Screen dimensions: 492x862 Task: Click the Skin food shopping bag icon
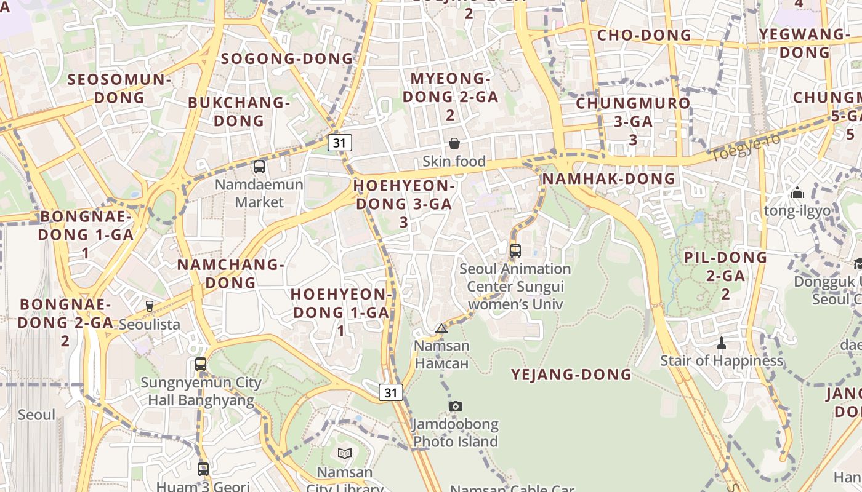click(454, 143)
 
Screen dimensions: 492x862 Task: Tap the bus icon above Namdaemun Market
click(259, 166)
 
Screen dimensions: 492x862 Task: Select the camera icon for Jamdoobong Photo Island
click(456, 406)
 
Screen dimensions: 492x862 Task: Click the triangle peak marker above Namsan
click(441, 328)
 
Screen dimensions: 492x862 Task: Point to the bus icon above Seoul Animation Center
click(515, 250)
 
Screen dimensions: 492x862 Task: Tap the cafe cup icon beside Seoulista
click(149, 306)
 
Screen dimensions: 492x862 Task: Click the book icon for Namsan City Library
click(345, 454)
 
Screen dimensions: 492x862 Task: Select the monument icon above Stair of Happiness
click(722, 343)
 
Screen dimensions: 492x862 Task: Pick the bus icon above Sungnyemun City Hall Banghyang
click(201, 363)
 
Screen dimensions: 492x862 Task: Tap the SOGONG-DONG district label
click(287, 58)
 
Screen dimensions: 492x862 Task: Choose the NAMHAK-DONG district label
click(608, 179)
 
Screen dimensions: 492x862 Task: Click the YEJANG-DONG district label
click(571, 375)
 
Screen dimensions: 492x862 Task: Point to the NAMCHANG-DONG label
click(230, 274)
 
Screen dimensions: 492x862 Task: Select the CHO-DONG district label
click(644, 35)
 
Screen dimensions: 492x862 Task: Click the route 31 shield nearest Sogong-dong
click(339, 143)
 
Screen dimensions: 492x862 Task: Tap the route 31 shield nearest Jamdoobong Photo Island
click(391, 392)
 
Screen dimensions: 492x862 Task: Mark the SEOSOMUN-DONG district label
click(119, 88)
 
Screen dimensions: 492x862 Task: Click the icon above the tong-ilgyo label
click(797, 193)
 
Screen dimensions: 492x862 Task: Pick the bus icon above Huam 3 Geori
click(203, 469)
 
